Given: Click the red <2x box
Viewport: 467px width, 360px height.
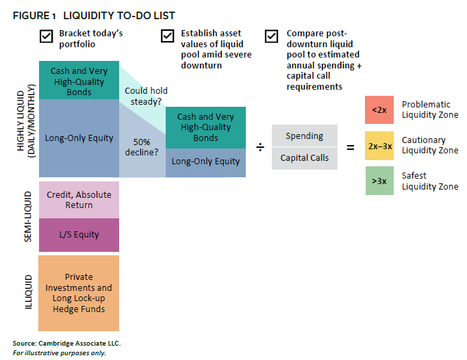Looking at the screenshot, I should click(x=379, y=110).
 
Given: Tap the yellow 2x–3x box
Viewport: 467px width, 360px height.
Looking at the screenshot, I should click(x=379, y=145).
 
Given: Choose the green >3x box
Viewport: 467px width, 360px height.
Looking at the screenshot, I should click(x=379, y=181).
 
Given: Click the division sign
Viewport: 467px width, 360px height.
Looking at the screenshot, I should click(x=260, y=147).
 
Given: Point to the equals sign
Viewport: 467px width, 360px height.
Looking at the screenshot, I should click(x=351, y=146).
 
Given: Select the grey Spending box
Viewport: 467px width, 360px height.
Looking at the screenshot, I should click(x=304, y=136).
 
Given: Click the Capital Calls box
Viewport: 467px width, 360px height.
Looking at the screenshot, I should click(x=304, y=158).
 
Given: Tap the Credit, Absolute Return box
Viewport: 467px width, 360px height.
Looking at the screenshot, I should click(x=79, y=199).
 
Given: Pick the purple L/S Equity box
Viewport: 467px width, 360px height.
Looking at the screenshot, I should click(x=79, y=235).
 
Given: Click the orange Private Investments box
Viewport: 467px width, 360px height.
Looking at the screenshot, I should click(x=79, y=294).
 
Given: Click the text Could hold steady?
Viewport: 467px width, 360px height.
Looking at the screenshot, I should click(x=145, y=97).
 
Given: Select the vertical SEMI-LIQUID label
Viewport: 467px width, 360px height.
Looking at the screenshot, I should click(x=28, y=218).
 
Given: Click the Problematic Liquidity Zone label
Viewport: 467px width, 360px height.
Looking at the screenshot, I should click(x=429, y=110).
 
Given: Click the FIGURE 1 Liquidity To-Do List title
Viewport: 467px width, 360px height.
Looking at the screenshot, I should click(x=94, y=15).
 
